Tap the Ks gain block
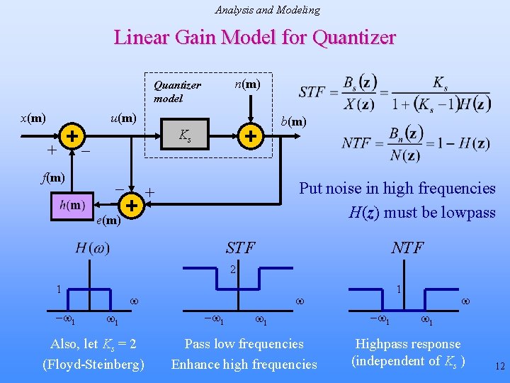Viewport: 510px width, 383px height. (x=184, y=135)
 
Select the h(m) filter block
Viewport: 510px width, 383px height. (x=73, y=206)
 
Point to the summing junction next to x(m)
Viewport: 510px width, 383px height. (x=72, y=135)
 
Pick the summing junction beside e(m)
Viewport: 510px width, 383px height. (x=131, y=205)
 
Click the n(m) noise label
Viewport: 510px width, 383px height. (x=247, y=84)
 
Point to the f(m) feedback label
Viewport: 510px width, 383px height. (x=52, y=177)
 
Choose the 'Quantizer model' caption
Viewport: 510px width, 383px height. (x=177, y=91)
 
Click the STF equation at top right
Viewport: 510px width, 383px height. (x=394, y=92)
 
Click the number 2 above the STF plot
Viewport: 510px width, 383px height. (x=232, y=270)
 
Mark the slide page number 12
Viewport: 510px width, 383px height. (x=499, y=367)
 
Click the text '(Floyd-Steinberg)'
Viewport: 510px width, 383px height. (x=93, y=365)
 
